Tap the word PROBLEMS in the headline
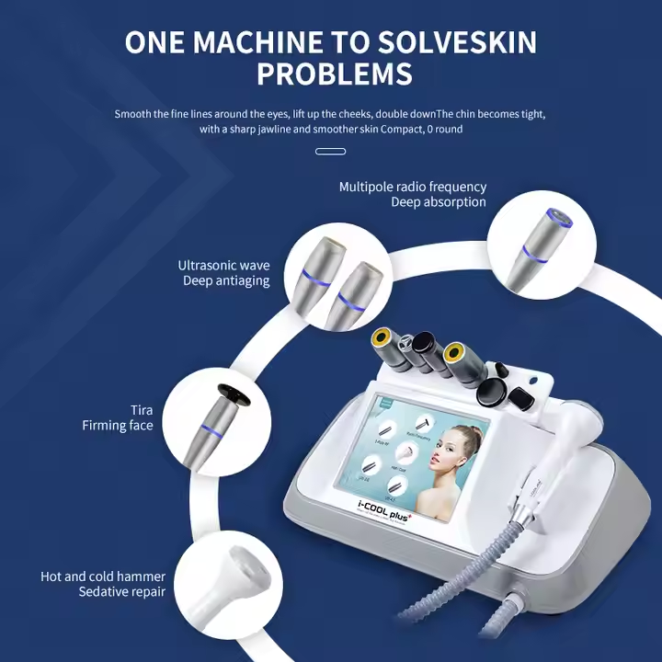(x=334, y=74)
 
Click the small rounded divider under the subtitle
(x=330, y=152)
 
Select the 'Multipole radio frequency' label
(x=413, y=187)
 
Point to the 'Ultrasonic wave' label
(x=223, y=266)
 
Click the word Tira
(x=142, y=410)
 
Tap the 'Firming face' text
(x=117, y=426)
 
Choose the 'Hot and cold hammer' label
(x=103, y=576)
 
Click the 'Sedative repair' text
(x=121, y=591)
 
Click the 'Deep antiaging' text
(x=226, y=280)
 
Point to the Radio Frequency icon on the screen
(x=426, y=423)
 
